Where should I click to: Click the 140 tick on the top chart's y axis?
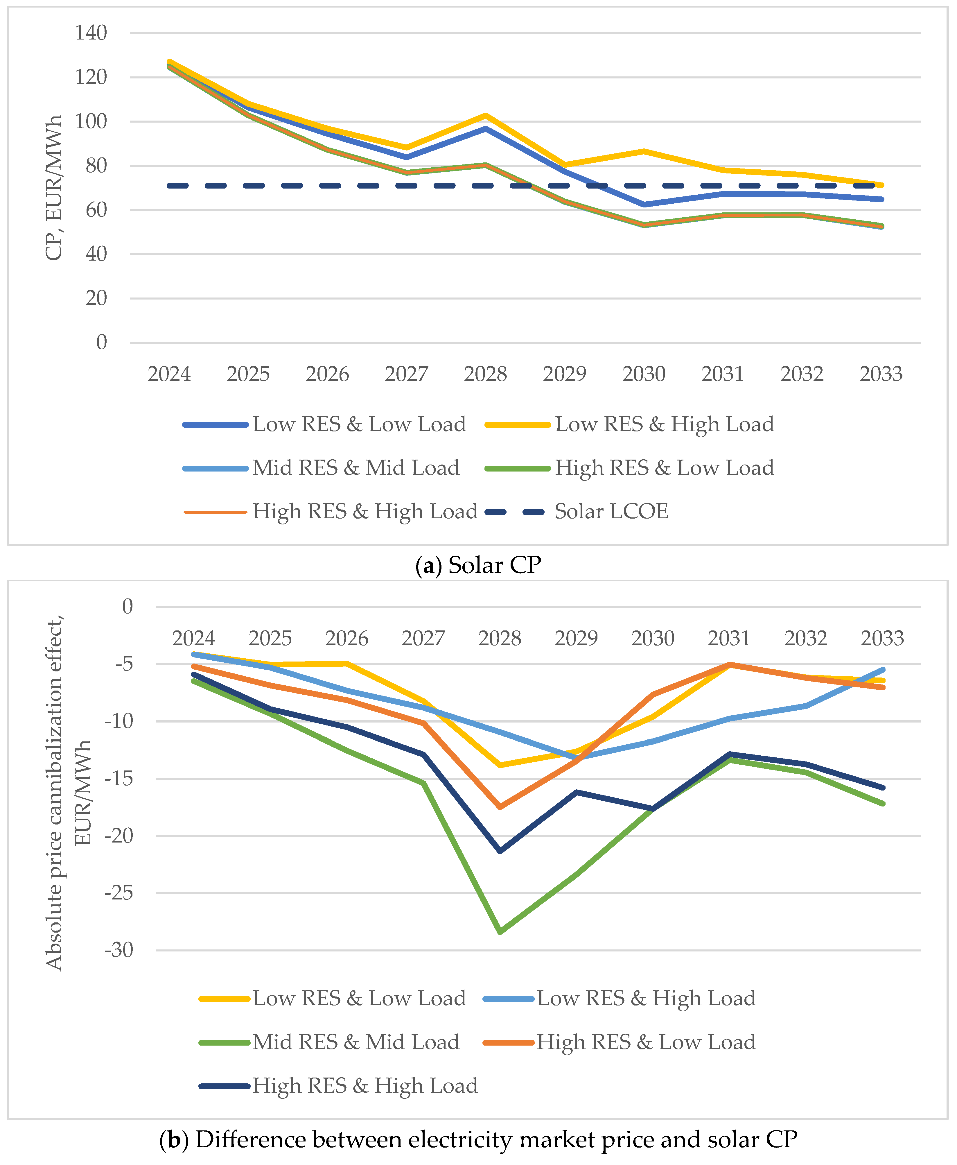pyautogui.click(x=91, y=33)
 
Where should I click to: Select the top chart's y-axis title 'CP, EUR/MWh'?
pyautogui.click(x=54, y=187)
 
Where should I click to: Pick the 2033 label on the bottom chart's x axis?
pyautogui.click(x=882, y=639)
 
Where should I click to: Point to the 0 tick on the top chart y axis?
pyautogui.click(x=101, y=343)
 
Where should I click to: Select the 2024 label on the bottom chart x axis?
pyautogui.click(x=193, y=639)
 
